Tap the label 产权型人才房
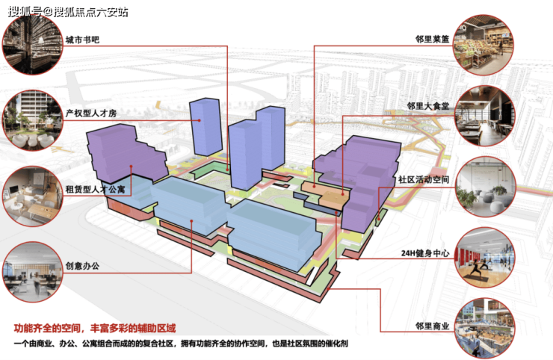(x=91, y=113)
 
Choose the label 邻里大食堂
(x=428, y=106)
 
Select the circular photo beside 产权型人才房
(x=31, y=117)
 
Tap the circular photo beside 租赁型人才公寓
(x=31, y=193)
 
